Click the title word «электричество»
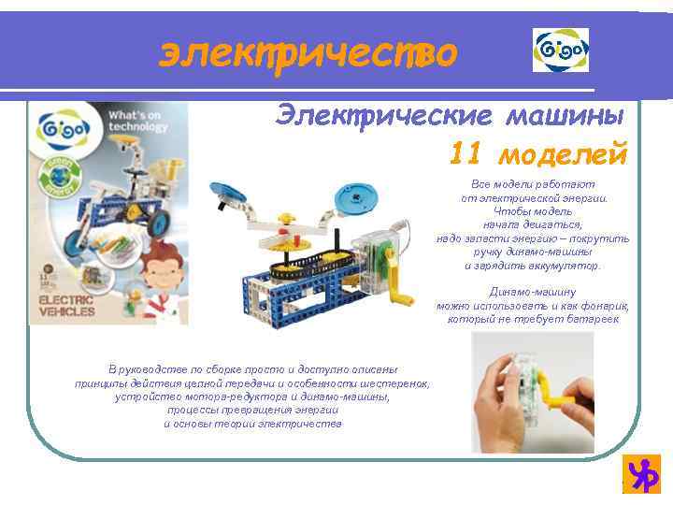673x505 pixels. (x=308, y=53)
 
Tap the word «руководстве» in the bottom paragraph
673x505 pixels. (x=163, y=369)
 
